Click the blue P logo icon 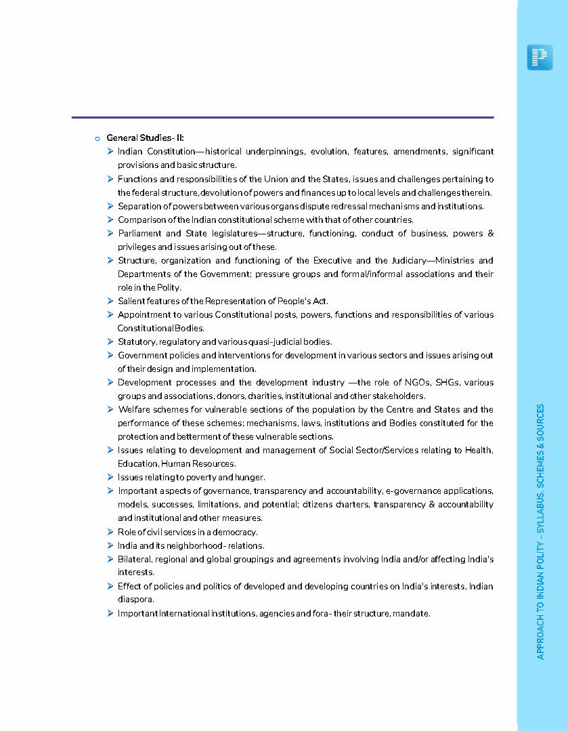tap(540, 58)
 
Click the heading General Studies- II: tap(145, 138)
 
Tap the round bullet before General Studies tap(97, 139)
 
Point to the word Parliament tap(138, 233)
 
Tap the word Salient tap(131, 301)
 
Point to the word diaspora tap(136, 600)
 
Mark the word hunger tap(248, 478)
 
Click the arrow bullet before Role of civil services tap(110, 532)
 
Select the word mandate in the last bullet tap(410, 614)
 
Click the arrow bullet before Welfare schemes tap(110, 409)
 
